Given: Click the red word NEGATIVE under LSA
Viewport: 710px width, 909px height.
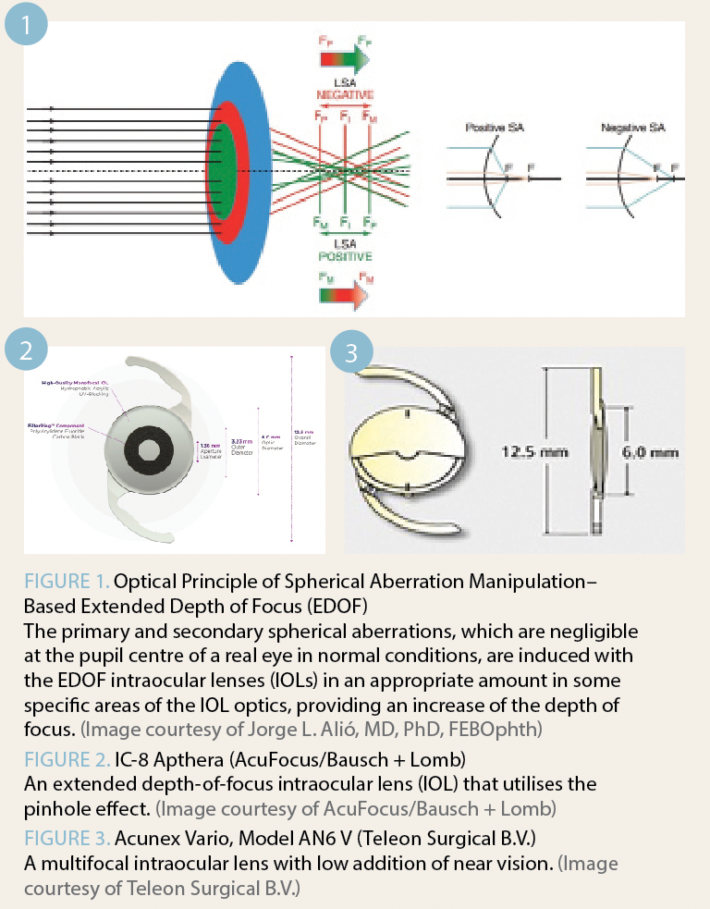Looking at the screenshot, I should [344, 95].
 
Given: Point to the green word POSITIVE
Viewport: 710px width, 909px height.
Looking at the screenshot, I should [344, 255].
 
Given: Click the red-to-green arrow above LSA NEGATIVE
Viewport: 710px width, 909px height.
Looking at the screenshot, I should [344, 59].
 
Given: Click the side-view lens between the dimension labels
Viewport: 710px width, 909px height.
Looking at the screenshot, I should [594, 451].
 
